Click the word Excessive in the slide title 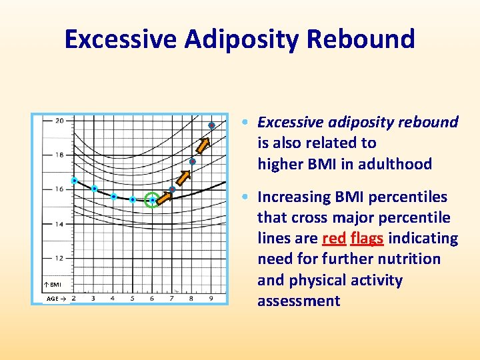(121, 39)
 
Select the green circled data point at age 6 (152, 199)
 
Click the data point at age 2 (74, 181)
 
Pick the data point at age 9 (211, 125)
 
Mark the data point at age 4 (114, 197)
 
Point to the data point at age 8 (192, 161)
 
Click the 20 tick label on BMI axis (59, 121)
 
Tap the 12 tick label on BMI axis (59, 258)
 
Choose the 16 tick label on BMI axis (59, 189)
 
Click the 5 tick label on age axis (132, 298)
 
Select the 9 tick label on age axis (211, 298)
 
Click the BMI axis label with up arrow (53, 285)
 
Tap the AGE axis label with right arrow (56, 299)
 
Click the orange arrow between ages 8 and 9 (203, 145)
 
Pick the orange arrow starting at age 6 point (163, 195)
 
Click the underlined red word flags (367, 238)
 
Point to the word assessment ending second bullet (299, 301)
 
